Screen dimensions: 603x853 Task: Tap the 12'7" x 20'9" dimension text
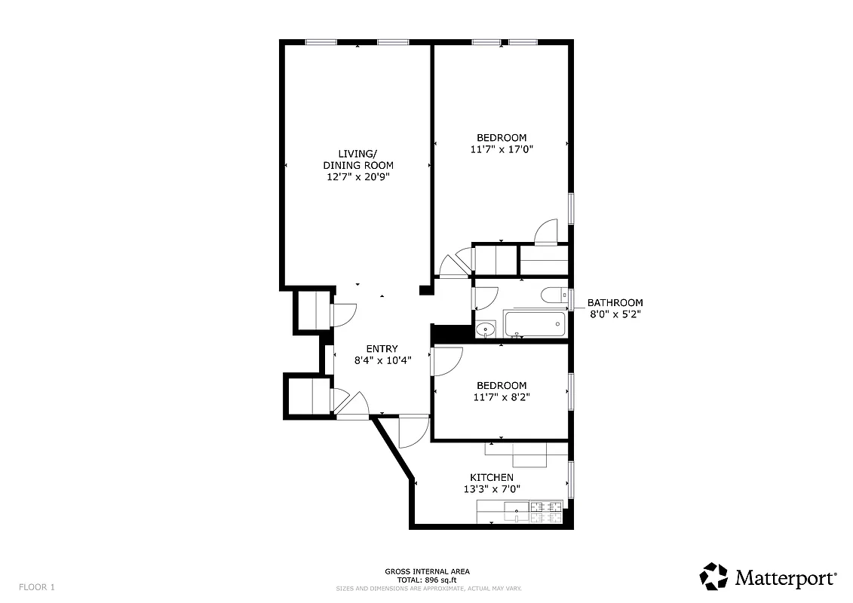pos(357,176)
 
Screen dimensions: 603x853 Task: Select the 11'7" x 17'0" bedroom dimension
pos(502,149)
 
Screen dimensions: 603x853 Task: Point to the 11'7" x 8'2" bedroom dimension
pos(502,397)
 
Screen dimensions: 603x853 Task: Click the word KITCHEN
pos(492,477)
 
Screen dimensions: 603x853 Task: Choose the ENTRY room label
pos(382,348)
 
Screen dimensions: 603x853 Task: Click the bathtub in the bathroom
pos(535,325)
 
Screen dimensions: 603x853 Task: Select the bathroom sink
pos(484,329)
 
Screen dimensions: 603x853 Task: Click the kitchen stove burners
pos(547,513)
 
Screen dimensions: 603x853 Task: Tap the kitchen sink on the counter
pos(516,512)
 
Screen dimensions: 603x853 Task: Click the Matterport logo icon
pos(713,576)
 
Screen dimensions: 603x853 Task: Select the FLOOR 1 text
pos(37,586)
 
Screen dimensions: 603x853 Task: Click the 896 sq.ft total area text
pos(427,580)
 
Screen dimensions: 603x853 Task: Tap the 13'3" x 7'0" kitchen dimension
pos(492,488)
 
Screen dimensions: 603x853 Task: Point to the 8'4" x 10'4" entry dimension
pos(382,360)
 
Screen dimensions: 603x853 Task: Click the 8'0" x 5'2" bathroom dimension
pos(615,314)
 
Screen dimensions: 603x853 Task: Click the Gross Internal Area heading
pos(427,571)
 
